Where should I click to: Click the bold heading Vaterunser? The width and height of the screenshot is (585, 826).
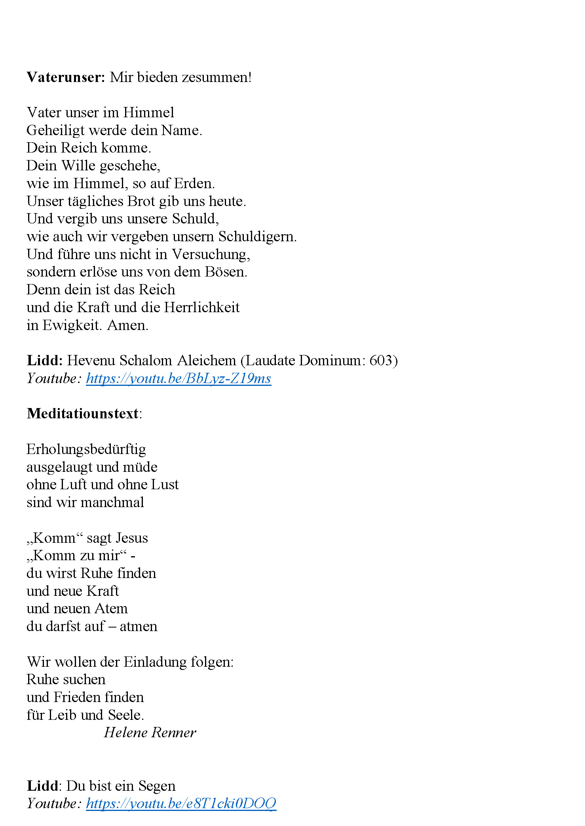click(x=66, y=77)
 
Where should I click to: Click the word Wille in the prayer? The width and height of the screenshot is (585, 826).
click(x=78, y=166)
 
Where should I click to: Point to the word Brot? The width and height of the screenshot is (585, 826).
click(x=141, y=201)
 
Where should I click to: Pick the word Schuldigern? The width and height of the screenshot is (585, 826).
click(x=257, y=237)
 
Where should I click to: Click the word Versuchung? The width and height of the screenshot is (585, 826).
click(x=211, y=254)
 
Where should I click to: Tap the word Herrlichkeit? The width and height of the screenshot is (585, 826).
click(x=202, y=307)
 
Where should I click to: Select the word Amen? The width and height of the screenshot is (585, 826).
click(x=127, y=325)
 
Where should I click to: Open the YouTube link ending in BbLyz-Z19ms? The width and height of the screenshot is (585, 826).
click(x=179, y=378)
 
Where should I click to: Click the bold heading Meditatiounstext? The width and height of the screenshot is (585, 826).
click(x=83, y=414)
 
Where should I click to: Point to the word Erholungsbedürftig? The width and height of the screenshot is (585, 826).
click(x=86, y=449)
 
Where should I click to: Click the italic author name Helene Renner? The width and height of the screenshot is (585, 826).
click(x=150, y=733)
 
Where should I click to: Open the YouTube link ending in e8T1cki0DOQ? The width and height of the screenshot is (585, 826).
click(x=181, y=803)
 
